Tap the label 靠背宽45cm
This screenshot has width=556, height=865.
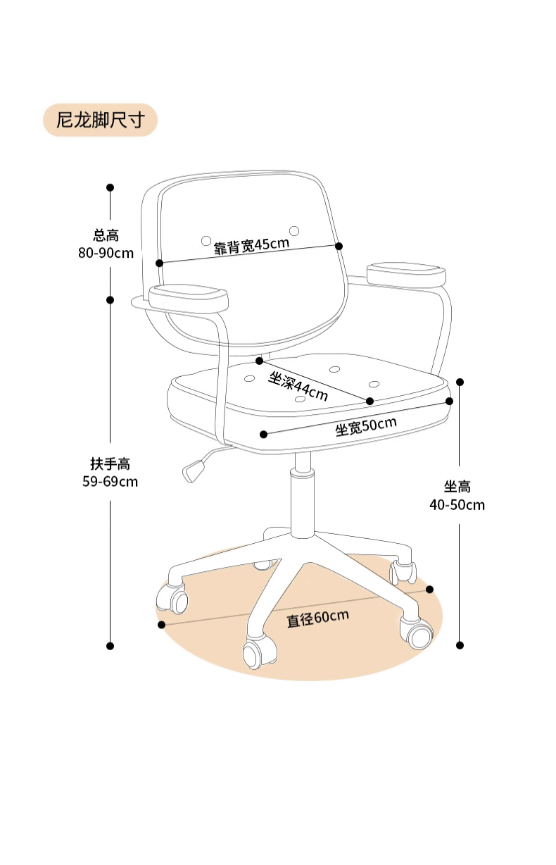[252, 245]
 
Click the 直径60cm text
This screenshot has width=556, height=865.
[317, 618]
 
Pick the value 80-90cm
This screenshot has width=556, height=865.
[106, 253]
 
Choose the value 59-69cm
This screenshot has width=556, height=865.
[110, 482]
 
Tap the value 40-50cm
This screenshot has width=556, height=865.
[457, 504]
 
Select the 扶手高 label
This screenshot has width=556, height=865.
[110, 464]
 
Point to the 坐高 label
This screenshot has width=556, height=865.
[457, 487]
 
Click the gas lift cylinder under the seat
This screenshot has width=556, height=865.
[303, 493]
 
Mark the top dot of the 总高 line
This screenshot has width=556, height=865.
[110, 187]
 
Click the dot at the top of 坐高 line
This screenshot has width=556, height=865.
[460, 382]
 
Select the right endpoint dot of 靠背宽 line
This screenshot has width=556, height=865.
[339, 246]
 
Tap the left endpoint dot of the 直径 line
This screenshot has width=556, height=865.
[162, 625]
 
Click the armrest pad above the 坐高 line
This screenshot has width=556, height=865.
[407, 274]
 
